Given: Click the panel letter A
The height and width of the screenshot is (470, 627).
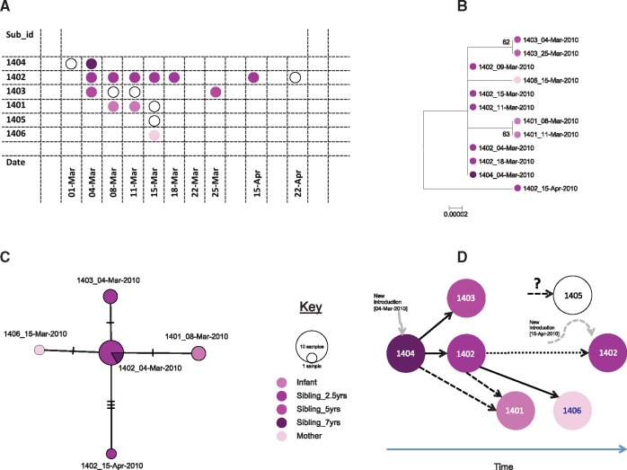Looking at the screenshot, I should click(x=7, y=7).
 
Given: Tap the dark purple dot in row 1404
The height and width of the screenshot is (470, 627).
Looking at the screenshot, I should click(x=92, y=64).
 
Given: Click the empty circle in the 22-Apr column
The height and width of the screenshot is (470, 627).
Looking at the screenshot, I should click(x=295, y=78).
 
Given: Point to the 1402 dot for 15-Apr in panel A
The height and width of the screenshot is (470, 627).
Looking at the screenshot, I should click(x=254, y=78).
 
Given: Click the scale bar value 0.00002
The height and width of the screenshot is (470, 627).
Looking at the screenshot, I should click(x=458, y=214).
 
